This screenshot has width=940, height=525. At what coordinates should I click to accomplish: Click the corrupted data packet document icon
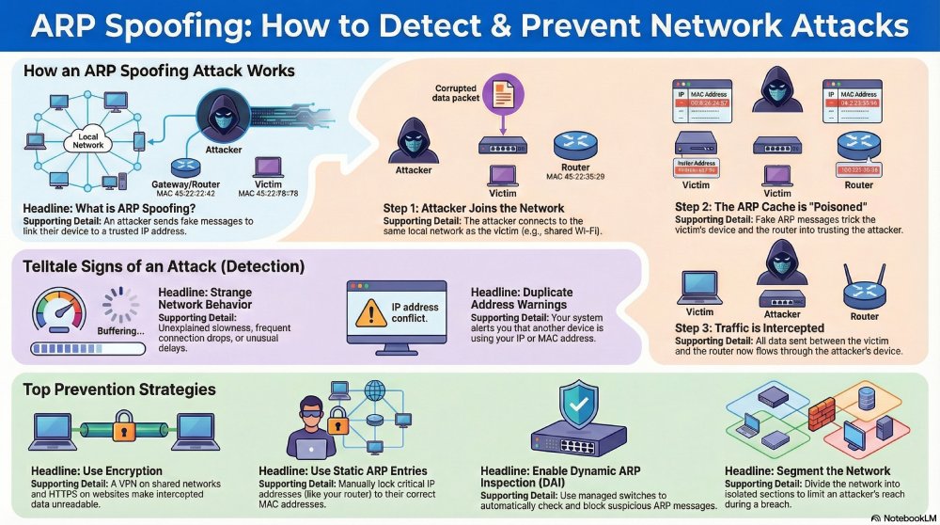click(x=503, y=96)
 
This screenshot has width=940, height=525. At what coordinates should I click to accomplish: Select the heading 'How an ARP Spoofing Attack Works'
click(x=159, y=71)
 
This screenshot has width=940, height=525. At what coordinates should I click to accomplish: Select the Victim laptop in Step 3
click(x=699, y=287)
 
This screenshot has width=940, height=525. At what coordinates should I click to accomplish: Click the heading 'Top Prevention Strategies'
click(x=119, y=389)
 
